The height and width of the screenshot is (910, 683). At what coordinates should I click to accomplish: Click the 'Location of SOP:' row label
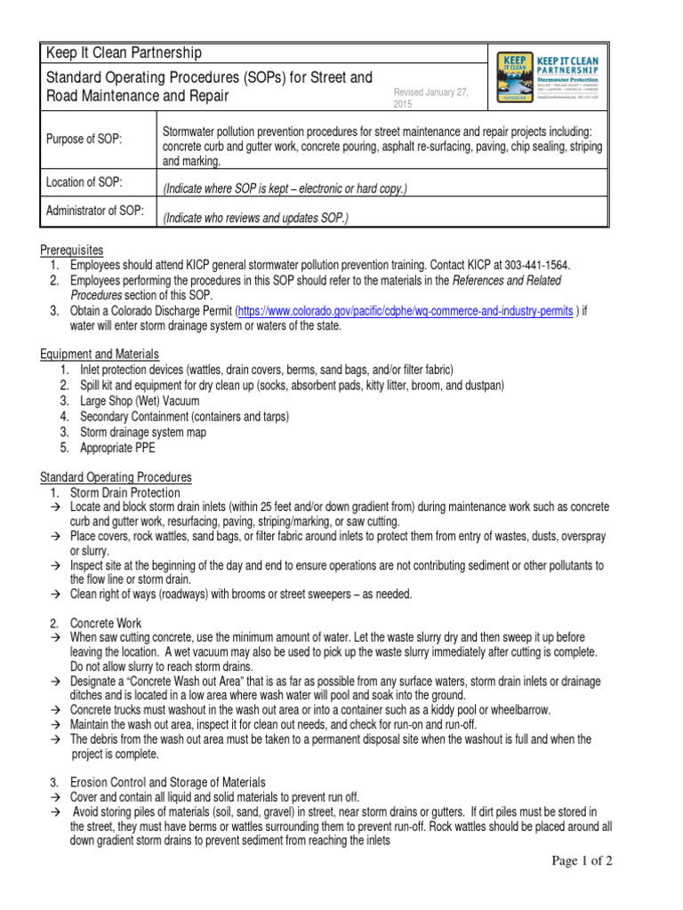pos(84,182)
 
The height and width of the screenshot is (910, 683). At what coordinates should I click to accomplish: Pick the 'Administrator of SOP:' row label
pos(95,211)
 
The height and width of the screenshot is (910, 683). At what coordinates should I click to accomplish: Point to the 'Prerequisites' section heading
pos(72,250)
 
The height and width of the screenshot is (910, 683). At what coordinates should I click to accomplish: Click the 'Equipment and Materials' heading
pos(100,354)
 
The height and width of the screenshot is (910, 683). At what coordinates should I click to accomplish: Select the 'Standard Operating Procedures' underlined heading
pos(116,477)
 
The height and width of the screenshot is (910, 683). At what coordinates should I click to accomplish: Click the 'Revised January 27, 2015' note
pos(430,98)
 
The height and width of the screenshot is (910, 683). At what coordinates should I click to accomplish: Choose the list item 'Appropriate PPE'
pos(117,448)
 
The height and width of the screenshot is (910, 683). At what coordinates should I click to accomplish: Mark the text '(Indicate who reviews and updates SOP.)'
pos(255,218)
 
